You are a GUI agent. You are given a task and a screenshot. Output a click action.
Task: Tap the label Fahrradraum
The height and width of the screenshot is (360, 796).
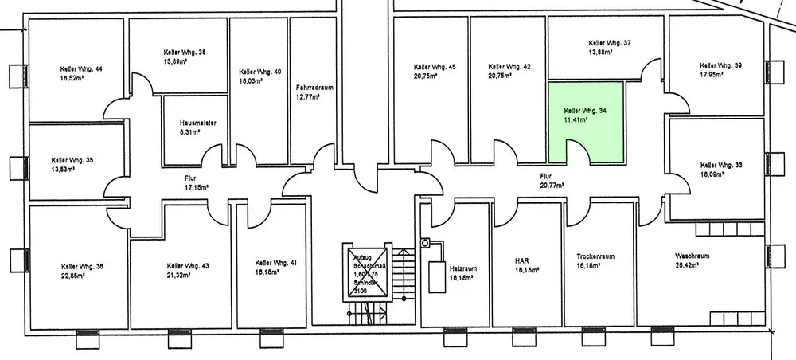coord(308,88)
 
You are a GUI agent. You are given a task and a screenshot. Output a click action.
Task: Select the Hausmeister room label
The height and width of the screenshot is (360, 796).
coord(194,123)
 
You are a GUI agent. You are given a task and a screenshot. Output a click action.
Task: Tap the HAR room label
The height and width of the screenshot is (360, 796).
coord(523,260)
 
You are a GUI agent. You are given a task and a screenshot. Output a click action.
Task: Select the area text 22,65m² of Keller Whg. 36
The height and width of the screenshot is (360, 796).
coord(77,276)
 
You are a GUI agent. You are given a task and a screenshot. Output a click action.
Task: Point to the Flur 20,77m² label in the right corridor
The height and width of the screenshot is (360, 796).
coord(551,185)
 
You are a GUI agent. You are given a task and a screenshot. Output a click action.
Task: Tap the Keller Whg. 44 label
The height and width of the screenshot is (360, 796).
coord(76,69)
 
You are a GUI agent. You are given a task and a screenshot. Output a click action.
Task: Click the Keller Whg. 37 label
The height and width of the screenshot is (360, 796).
coord(609,43)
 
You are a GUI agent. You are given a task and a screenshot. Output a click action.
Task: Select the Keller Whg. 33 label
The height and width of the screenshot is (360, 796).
coord(720,165)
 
